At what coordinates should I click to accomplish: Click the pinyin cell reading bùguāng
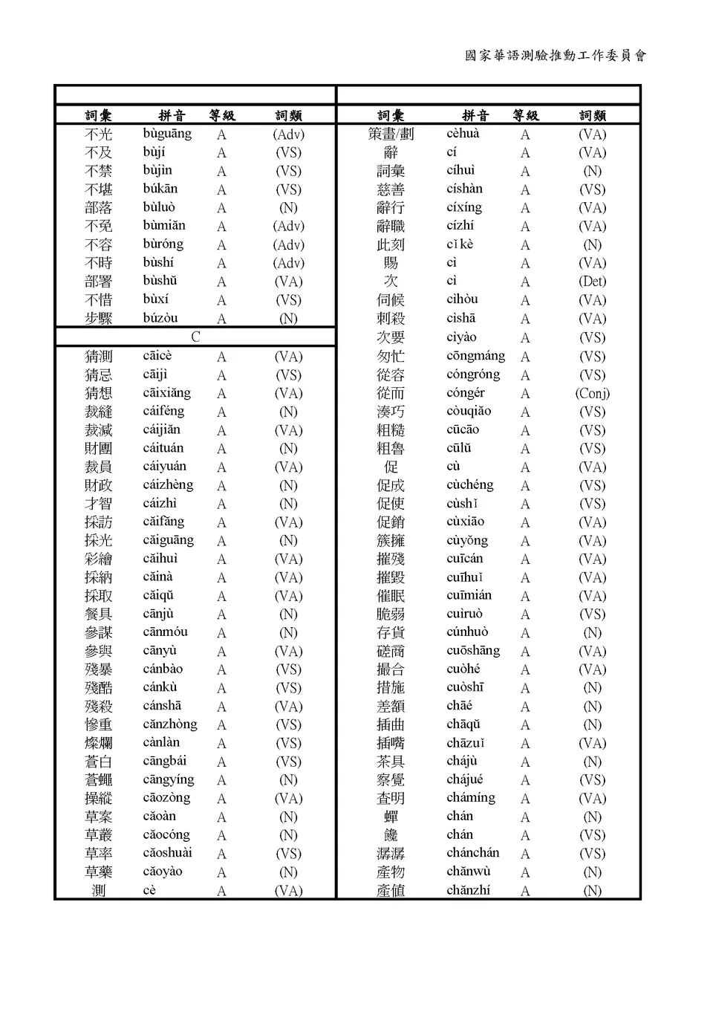[167, 134]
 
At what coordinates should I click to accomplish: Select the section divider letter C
[195, 337]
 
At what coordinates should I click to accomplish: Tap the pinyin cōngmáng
[475, 356]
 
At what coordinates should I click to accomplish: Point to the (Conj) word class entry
[592, 393]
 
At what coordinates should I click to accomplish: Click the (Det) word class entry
[592, 282]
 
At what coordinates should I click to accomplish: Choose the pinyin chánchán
[472, 853]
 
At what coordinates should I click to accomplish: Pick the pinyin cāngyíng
[169, 779]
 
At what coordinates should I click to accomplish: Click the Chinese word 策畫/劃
[391, 134]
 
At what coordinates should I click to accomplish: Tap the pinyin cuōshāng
[473, 650]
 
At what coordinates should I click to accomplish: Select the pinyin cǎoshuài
[167, 853]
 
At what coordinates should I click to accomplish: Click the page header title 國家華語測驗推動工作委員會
[556, 56]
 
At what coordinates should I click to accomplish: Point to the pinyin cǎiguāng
[168, 540]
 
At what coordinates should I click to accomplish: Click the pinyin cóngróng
[473, 374]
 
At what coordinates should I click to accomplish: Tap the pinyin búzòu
[160, 318]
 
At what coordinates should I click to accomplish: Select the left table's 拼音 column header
[172, 115]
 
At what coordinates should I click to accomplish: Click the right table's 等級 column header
[525, 115]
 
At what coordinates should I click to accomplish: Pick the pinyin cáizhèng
[168, 485]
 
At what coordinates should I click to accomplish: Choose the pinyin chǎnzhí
[468, 890]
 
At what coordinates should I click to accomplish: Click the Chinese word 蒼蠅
[99, 779]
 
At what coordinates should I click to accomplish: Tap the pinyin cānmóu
[165, 632]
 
